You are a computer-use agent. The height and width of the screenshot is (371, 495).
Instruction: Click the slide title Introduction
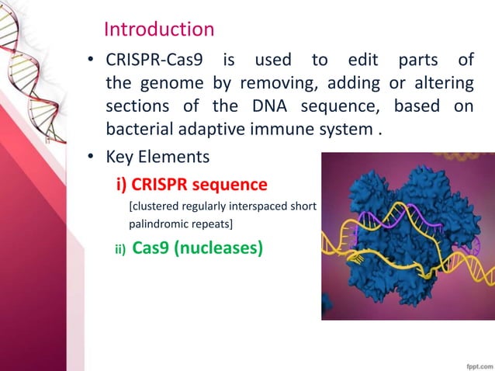(x=158, y=29)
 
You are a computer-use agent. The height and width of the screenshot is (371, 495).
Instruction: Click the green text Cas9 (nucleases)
(x=198, y=248)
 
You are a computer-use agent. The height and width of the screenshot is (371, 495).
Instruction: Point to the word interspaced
(x=257, y=206)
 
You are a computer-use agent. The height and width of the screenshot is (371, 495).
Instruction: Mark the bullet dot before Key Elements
(x=91, y=158)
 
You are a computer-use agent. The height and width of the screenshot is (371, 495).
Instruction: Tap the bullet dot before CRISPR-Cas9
(x=91, y=61)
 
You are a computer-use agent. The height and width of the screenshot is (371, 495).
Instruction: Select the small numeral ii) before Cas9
(x=119, y=249)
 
